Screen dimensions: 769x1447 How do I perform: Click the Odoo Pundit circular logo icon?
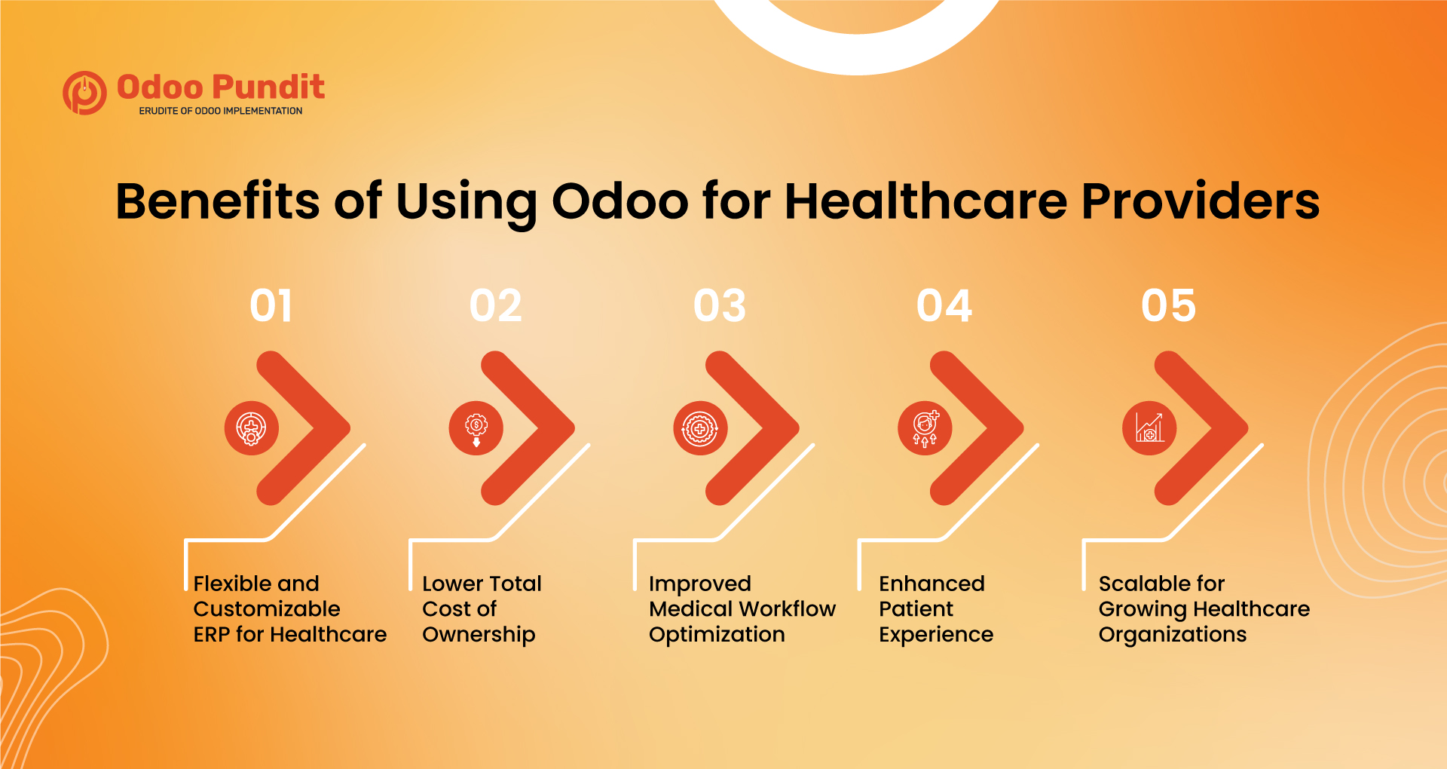[84, 93]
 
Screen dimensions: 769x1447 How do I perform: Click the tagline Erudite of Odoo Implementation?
[220, 111]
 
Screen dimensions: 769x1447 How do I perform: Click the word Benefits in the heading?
[217, 201]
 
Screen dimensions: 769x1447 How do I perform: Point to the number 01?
[271, 306]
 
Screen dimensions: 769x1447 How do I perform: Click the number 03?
[720, 306]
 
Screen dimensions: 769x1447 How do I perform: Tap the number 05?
[1168, 306]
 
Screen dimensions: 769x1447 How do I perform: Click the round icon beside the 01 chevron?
[252, 427]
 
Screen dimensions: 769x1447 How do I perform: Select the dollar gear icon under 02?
[476, 427]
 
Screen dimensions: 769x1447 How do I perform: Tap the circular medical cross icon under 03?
[700, 427]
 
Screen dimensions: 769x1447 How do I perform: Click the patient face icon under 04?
[925, 427]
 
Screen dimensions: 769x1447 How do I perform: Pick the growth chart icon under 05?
[1149, 427]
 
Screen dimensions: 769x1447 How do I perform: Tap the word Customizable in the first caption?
[267, 609]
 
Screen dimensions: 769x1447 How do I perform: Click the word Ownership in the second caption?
[479, 635]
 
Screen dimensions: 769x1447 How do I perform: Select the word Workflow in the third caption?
[788, 609]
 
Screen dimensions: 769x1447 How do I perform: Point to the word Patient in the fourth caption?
[916, 609]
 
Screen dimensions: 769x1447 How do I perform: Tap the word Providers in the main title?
[1200, 201]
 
